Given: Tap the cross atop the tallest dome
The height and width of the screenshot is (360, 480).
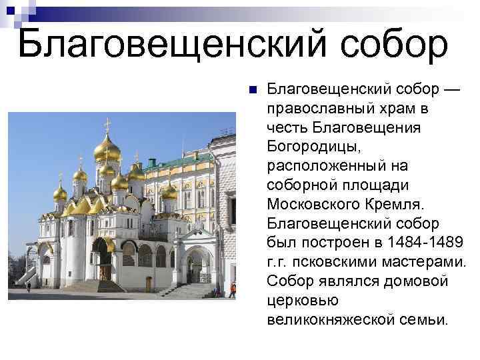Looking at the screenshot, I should (x=107, y=123).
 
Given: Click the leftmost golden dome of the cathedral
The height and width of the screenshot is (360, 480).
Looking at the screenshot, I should (x=60, y=193).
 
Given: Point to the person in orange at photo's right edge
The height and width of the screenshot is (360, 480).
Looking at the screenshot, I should (x=232, y=289).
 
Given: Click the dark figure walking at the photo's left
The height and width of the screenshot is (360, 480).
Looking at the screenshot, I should (x=29, y=287).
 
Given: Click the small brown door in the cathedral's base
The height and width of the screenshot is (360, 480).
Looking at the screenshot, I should (x=148, y=283).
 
